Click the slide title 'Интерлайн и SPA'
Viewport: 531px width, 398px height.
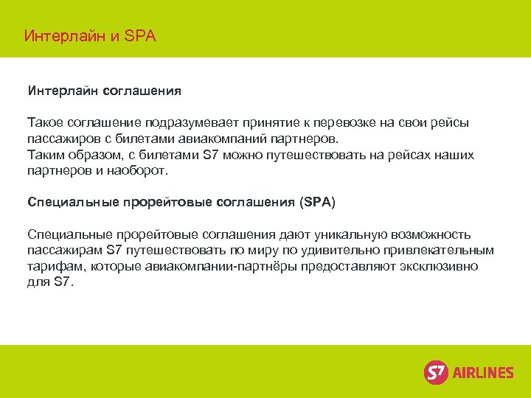pos(90,35)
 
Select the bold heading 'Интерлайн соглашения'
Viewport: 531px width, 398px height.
pos(104,91)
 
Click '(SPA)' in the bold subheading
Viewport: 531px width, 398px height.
pos(317,201)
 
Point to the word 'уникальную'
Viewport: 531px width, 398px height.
pos(338,234)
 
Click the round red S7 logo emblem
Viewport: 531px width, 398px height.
pos(436,372)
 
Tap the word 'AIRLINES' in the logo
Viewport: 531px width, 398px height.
pos(482,373)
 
